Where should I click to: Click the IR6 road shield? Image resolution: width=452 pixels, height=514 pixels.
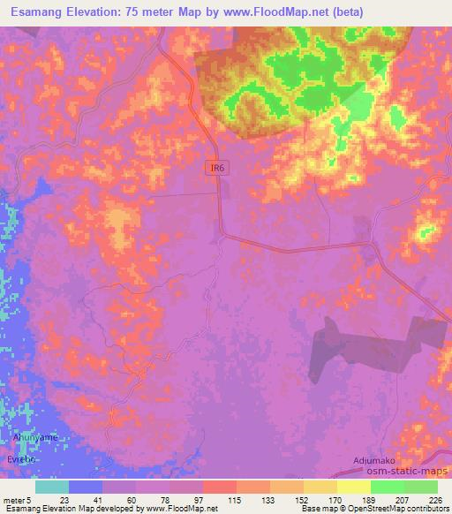216,168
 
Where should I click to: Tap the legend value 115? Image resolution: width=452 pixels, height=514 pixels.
236,499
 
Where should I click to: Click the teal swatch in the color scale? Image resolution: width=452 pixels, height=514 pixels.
52,487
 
